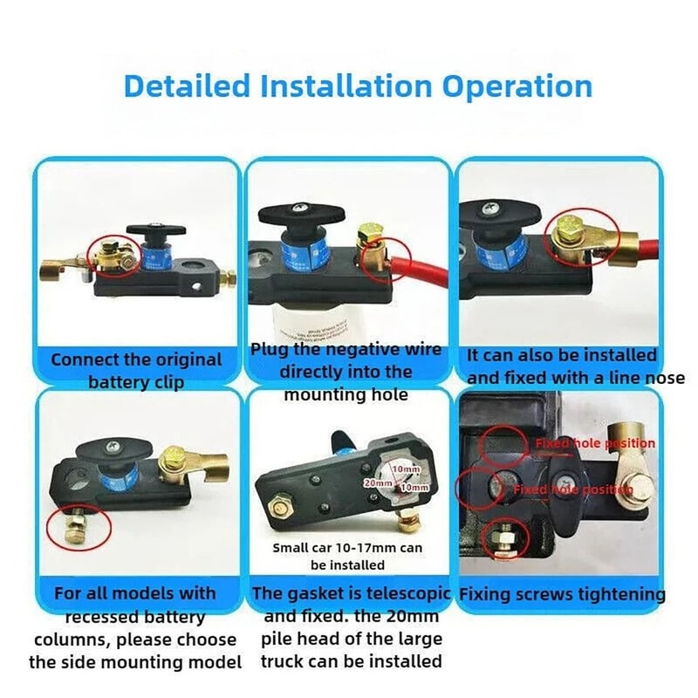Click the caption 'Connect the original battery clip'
click(x=136, y=370)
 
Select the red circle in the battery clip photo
click(x=114, y=253)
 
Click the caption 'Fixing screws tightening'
click(x=562, y=595)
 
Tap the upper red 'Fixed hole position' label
click(x=594, y=443)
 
